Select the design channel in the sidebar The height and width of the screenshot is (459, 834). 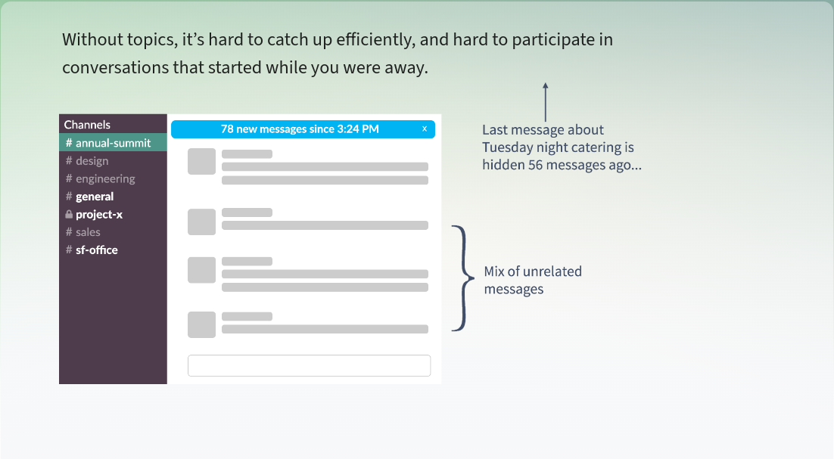tap(87, 161)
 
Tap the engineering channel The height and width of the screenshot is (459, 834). tap(100, 179)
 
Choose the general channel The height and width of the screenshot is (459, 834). tap(89, 197)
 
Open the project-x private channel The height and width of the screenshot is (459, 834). tap(94, 215)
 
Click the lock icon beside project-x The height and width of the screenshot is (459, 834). tap(69, 214)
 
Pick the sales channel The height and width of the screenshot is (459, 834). tap(83, 232)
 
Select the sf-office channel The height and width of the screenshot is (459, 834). tap(92, 250)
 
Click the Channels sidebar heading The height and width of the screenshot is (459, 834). tap(87, 125)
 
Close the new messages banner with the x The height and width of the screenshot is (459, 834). tap(425, 129)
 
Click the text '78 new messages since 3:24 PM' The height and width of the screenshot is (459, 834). tap(300, 129)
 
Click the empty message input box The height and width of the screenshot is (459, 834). tap(309, 365)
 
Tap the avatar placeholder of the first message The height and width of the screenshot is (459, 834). tap(201, 162)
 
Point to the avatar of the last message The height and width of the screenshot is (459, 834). tap(201, 324)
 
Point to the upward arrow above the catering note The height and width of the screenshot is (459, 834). tap(545, 102)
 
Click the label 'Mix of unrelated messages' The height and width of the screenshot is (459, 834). tap(533, 280)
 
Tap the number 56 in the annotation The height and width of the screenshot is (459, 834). tap(536, 165)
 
